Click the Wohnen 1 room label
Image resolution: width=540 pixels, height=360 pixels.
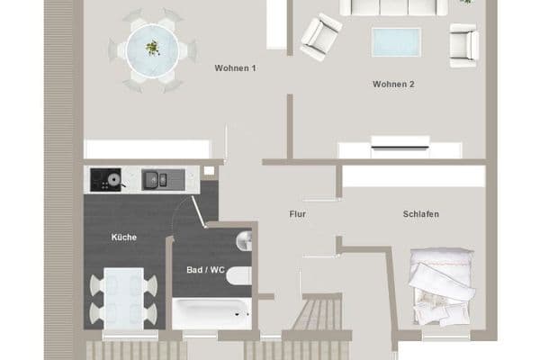pos(235,68)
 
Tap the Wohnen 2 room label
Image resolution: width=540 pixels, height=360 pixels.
pos(393,85)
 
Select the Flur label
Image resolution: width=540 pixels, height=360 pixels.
pos(298,214)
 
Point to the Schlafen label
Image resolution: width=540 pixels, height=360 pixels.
pos(421,214)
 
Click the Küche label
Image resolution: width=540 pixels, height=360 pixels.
pos(124,237)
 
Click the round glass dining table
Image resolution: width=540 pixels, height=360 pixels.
pos(151,50)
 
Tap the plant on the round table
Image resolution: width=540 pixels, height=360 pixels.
pos(153,47)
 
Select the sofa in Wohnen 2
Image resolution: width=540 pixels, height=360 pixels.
pos(393,7)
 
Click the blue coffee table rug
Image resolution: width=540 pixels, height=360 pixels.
pos(396,41)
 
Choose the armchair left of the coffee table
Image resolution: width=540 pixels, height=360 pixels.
pos(320,37)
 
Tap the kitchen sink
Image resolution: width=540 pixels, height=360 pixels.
pos(153,180)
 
